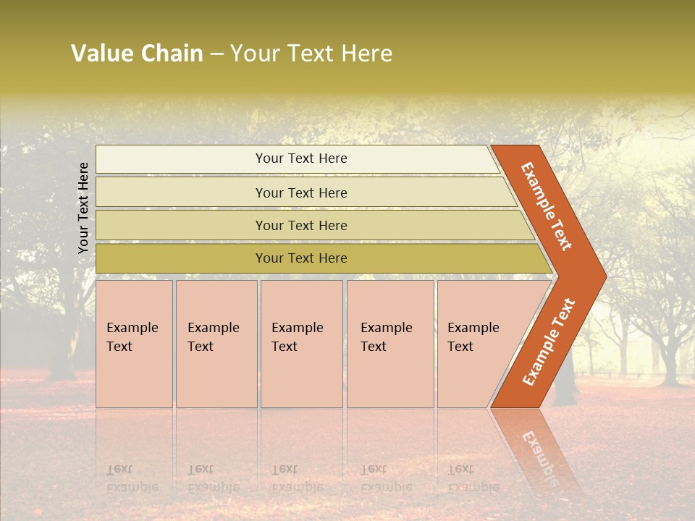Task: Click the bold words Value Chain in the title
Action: tap(137, 54)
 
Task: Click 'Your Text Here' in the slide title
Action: tap(311, 54)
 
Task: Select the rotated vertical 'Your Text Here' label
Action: tap(83, 208)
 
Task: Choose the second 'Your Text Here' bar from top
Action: tap(301, 192)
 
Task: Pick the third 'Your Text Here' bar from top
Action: tap(301, 225)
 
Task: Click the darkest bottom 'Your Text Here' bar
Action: tap(301, 258)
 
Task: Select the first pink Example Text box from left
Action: tap(134, 343)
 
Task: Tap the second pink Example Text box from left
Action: tap(216, 343)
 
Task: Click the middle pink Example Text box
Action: tap(301, 343)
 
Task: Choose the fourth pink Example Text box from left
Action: tap(389, 343)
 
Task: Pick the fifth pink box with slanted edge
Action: tap(478, 343)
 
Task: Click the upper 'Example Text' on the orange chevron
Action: tap(547, 206)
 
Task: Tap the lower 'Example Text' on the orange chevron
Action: tap(549, 342)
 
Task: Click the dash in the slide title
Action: tap(216, 54)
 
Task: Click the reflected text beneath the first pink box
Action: tap(132, 478)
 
